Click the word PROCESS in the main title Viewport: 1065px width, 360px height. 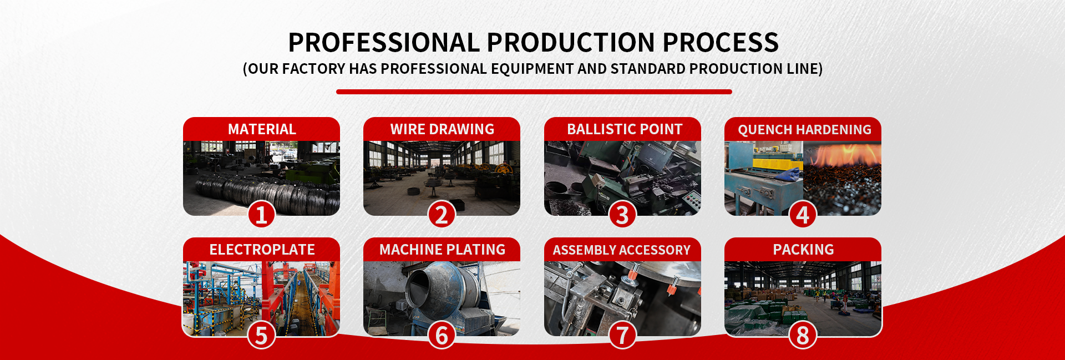[721, 43]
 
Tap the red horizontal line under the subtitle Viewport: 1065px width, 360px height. [534, 92]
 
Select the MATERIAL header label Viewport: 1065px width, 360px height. [262, 129]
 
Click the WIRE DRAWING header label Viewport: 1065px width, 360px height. [442, 129]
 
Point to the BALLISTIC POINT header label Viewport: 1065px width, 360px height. [625, 129]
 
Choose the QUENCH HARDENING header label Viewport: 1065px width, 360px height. [804, 130]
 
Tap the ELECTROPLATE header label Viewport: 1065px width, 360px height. [262, 250]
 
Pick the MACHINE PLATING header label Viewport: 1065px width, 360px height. [442, 250]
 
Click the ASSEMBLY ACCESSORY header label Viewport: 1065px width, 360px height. [622, 250]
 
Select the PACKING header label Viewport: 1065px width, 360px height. [803, 250]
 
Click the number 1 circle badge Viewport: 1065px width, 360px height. [261, 214]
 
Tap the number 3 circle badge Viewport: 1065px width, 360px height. [622, 214]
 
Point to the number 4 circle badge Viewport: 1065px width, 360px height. [803, 214]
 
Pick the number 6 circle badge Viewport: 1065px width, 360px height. [442, 335]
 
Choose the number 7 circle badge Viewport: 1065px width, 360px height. [622, 335]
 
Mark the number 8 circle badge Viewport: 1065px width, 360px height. [803, 335]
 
